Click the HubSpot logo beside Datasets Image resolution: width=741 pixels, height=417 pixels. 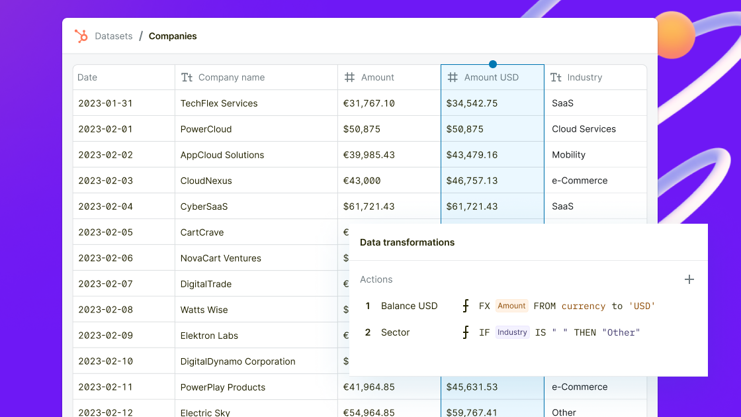81,36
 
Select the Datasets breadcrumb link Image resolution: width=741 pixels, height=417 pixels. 114,36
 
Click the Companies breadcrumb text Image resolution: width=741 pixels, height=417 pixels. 173,36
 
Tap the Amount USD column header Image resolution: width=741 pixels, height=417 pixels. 491,77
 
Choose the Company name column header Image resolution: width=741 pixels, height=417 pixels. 231,77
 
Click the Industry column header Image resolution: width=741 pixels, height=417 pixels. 584,77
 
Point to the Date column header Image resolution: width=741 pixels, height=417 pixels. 87,77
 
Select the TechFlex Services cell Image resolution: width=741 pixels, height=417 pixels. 219,103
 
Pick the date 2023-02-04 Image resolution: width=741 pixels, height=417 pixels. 105,207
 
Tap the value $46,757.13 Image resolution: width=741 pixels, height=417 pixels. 472,181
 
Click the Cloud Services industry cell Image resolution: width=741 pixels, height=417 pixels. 584,129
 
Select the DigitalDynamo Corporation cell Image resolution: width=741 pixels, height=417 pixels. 238,361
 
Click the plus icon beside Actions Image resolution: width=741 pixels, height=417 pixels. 689,279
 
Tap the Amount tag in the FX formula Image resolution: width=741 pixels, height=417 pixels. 511,306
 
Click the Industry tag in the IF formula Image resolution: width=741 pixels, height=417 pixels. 512,332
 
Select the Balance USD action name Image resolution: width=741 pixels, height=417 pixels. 409,306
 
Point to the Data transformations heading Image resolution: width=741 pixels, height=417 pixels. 407,242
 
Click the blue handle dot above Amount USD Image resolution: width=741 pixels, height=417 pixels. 493,64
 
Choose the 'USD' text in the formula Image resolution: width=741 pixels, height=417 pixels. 642,306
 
